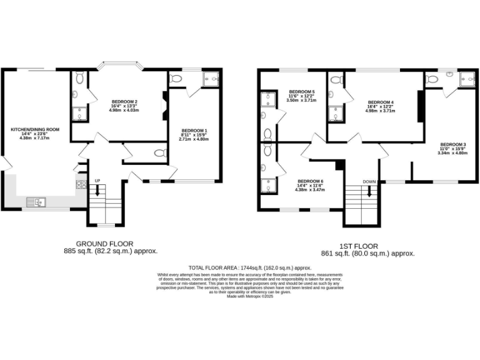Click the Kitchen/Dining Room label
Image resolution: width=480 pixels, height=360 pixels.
pos(35,129)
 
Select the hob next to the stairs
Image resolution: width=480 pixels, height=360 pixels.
pos(81,184)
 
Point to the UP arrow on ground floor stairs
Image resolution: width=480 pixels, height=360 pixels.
pos(97,190)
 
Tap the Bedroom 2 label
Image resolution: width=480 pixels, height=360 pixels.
pos(124,101)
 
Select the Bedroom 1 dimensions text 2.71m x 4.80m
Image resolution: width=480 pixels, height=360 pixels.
pos(193,139)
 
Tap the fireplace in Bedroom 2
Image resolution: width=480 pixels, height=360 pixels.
pos(164,104)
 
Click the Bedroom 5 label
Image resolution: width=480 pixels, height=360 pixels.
pos(301,91)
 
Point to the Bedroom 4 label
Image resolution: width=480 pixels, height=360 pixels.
pos(381,102)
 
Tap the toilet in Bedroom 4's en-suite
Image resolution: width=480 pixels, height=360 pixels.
pos(336,80)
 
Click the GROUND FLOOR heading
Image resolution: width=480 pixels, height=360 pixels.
pos(104,244)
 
